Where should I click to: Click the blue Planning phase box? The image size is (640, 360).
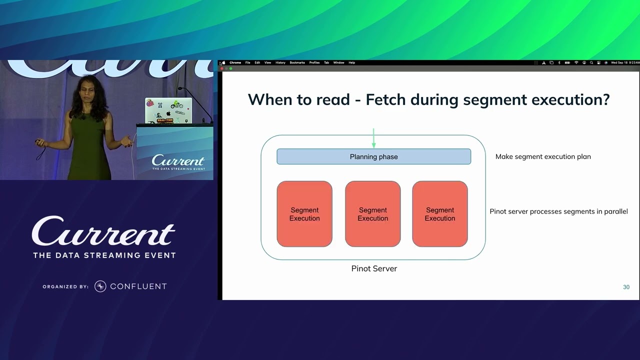(373, 156)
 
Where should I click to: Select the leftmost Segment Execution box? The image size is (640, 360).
(304, 214)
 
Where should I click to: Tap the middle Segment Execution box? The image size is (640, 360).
(372, 214)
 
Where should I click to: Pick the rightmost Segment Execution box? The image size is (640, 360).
(440, 214)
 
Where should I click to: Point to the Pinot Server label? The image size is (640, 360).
(374, 268)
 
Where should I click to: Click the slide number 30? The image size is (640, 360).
(626, 287)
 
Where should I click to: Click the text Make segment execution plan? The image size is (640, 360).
(543, 156)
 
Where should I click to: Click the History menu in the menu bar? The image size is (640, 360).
(280, 62)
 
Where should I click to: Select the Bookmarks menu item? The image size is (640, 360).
(297, 62)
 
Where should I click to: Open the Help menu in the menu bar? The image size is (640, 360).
(351, 62)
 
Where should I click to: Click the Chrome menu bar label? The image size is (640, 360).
(235, 62)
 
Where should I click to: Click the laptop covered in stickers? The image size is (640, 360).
(168, 110)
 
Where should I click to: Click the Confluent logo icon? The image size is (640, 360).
(100, 286)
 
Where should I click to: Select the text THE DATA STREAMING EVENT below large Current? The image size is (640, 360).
(104, 255)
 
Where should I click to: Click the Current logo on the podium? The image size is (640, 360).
(178, 161)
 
